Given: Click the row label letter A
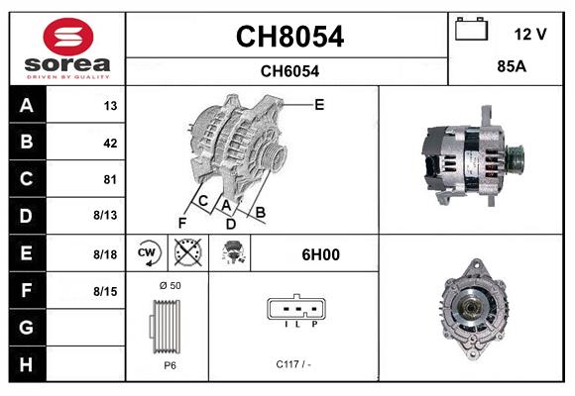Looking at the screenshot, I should [x=27, y=106].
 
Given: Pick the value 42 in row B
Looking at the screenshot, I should [x=109, y=143].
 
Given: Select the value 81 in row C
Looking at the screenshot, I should [x=109, y=180].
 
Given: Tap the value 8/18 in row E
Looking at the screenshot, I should [x=106, y=254].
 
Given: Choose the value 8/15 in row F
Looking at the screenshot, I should [x=106, y=291].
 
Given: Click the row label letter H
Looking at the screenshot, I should [x=27, y=364].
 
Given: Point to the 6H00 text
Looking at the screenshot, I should [x=320, y=254].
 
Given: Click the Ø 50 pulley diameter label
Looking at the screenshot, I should [x=169, y=286].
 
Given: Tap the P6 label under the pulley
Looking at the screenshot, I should [x=169, y=364].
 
